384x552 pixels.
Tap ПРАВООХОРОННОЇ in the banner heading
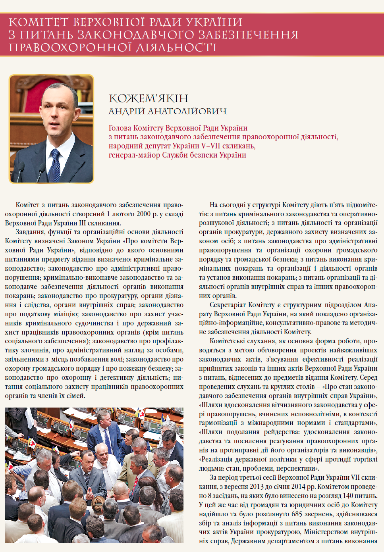(63, 48)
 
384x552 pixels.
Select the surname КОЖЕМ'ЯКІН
(149, 98)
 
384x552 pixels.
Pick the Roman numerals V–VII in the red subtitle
(211, 146)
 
